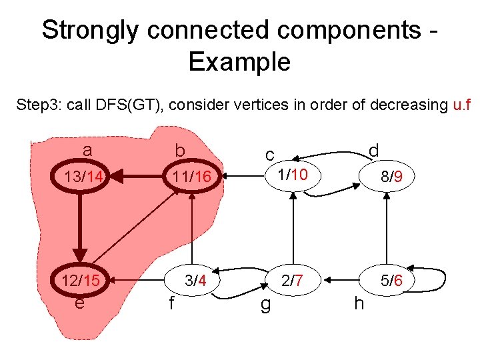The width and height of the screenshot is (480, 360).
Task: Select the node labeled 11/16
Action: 191,177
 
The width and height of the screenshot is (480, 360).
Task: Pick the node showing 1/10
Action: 292,175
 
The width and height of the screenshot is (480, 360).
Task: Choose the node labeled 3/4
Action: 195,281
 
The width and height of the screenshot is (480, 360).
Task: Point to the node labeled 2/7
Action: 292,281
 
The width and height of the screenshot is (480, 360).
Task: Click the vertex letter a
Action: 87,151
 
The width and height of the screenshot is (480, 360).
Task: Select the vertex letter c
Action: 269,155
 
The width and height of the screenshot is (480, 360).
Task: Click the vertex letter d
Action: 374,150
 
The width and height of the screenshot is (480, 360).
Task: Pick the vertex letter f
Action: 171,304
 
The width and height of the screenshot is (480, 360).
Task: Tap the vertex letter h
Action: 359,303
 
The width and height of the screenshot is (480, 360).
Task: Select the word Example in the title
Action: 239,62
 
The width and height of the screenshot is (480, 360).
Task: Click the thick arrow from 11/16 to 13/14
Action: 137,177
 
